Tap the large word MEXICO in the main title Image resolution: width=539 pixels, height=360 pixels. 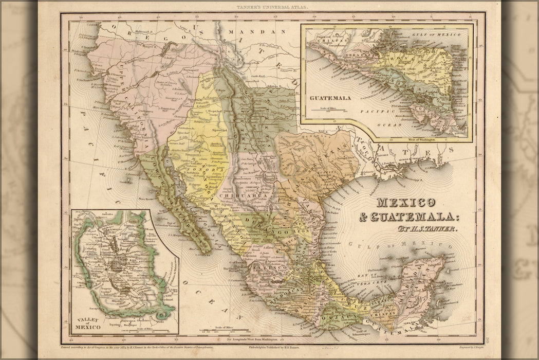405,203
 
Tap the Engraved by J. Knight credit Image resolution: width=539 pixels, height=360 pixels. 465,347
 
